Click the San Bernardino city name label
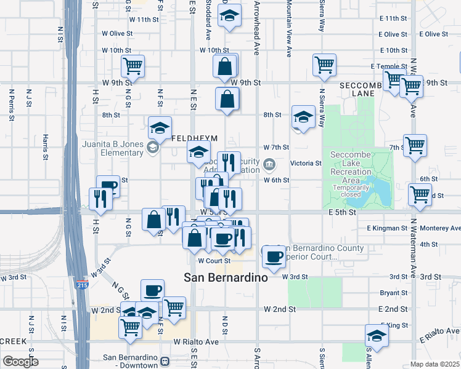(226, 277)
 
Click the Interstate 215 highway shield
(82, 285)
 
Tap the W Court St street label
(214, 261)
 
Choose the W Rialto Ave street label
(196, 341)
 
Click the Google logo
(20, 362)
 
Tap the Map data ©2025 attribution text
(434, 364)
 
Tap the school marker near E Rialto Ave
(375, 336)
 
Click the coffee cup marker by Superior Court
(274, 255)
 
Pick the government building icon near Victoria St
(269, 164)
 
